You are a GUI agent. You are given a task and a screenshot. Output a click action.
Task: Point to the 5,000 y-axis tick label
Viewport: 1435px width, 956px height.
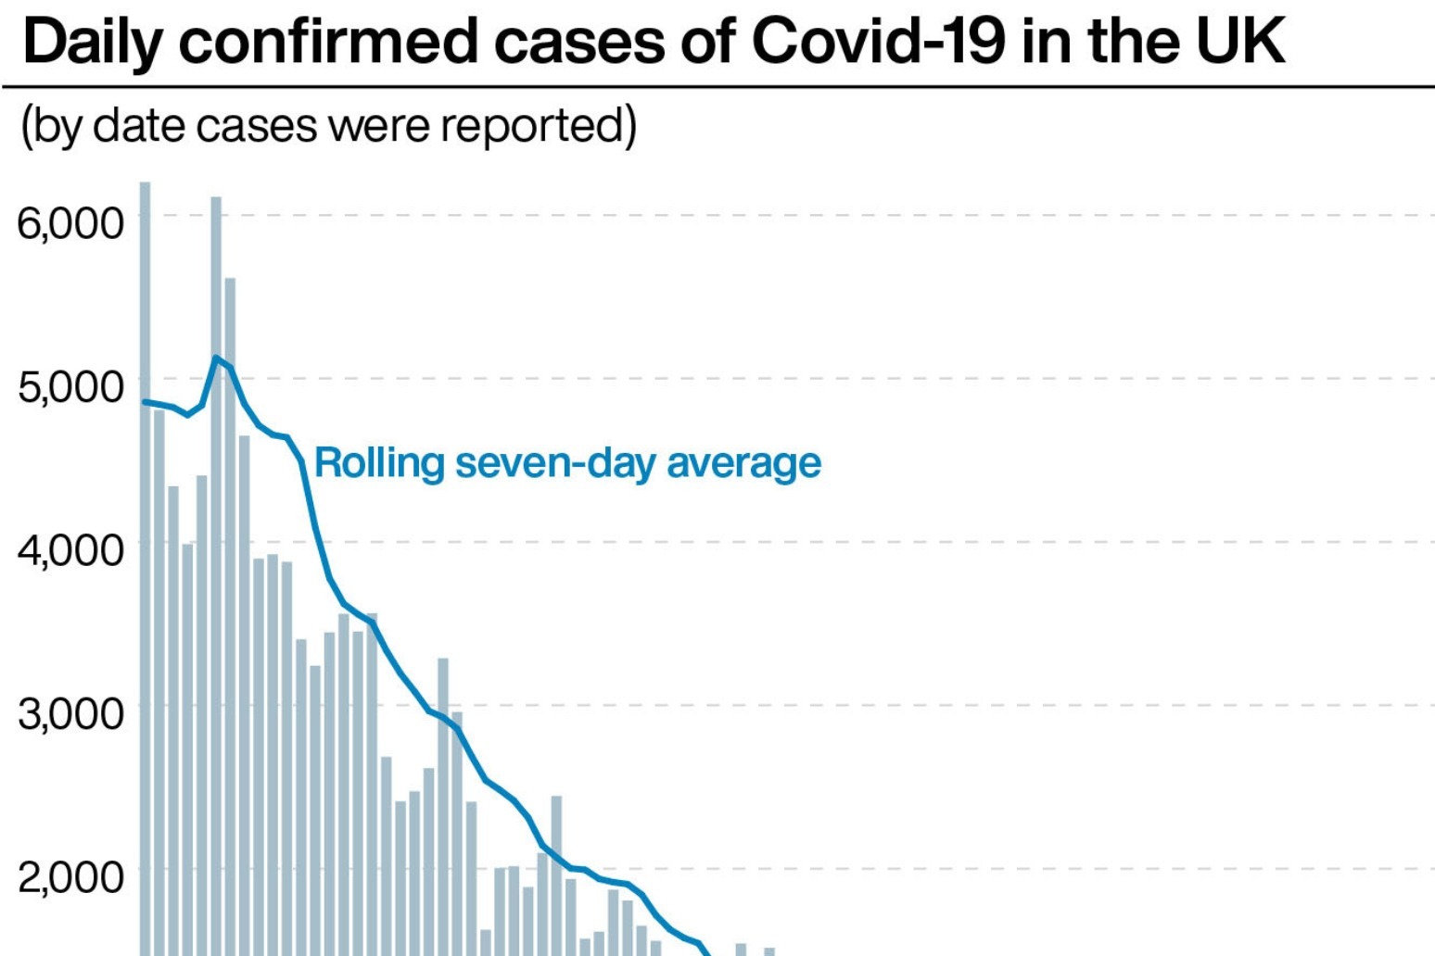(70, 385)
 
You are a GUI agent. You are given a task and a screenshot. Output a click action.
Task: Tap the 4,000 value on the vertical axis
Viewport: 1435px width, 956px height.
(70, 549)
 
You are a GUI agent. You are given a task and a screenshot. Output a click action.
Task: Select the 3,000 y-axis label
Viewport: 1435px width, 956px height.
(70, 712)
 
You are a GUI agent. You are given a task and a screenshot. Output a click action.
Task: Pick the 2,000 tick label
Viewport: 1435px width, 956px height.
(70, 875)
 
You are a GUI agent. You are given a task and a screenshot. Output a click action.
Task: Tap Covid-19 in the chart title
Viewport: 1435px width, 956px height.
(877, 41)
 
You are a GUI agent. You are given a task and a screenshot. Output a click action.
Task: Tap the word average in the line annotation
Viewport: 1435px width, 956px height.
(743, 462)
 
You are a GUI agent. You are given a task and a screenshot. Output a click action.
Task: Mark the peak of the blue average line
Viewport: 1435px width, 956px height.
(216, 358)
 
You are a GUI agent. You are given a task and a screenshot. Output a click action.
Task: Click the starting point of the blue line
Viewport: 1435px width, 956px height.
(145, 402)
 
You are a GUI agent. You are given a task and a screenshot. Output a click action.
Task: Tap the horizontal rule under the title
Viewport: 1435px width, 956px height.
(717, 87)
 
